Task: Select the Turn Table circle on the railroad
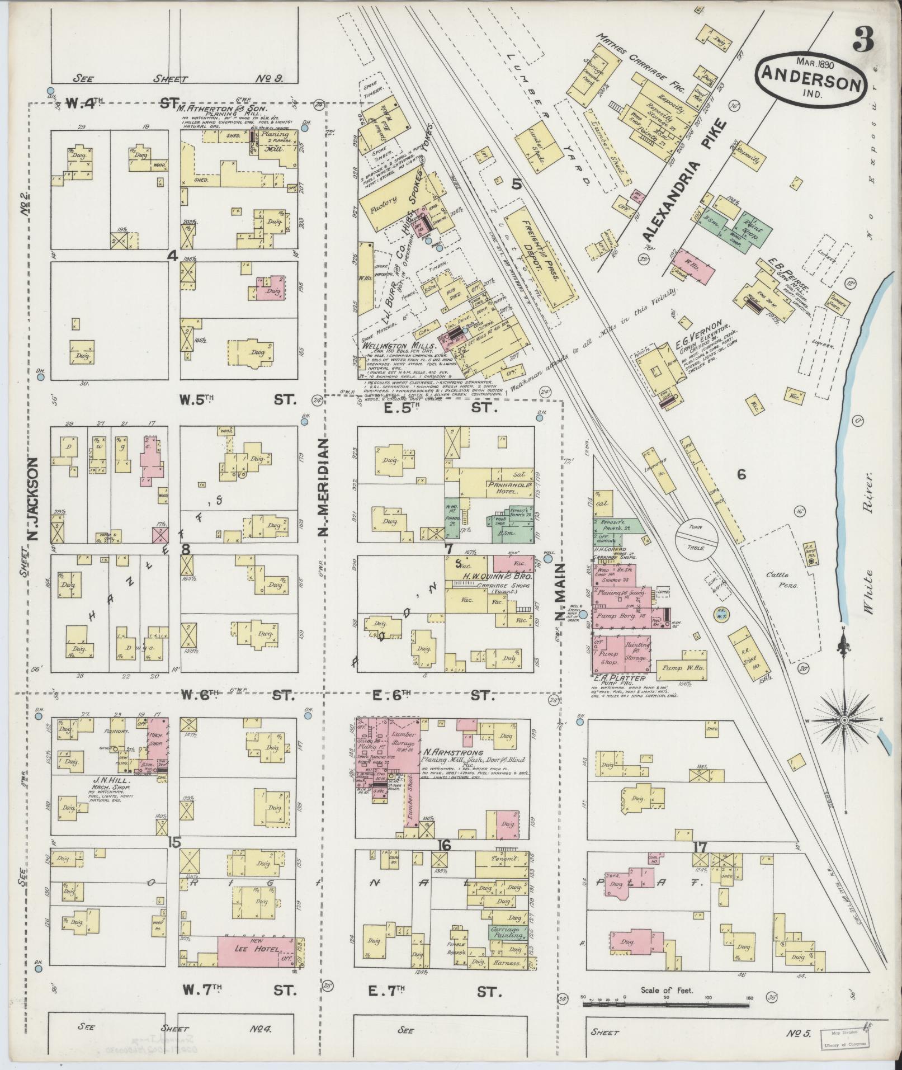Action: click(x=696, y=538)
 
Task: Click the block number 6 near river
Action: click(x=742, y=475)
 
